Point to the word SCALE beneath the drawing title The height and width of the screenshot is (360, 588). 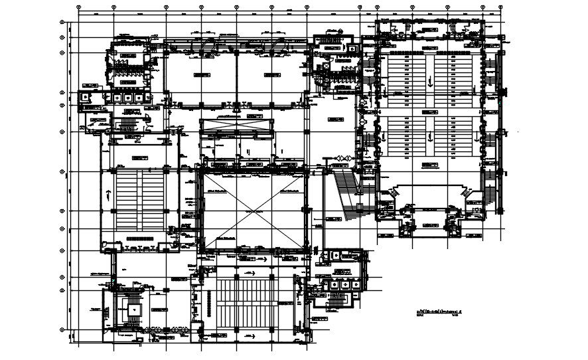pos(419,315)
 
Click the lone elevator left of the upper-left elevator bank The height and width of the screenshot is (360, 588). pos(86,96)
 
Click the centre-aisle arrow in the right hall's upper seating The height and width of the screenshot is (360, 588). pos(430,81)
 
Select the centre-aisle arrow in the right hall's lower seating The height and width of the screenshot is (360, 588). pos(430,138)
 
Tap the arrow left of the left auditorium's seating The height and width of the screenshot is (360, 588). pos(107,193)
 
